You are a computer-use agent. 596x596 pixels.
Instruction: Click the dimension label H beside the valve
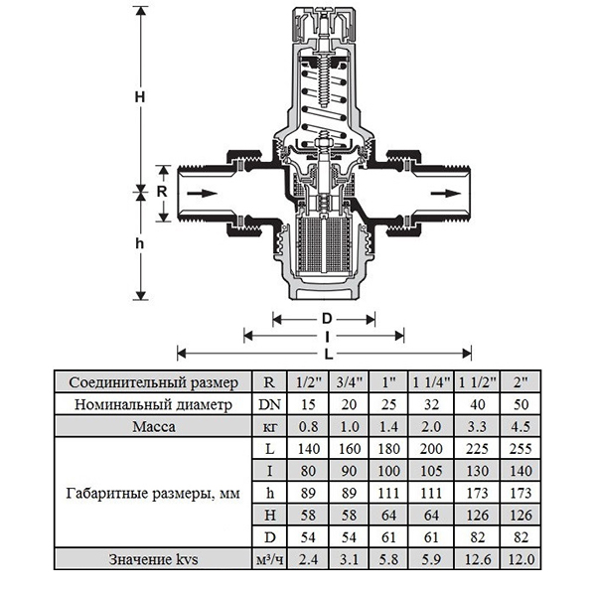[140, 96]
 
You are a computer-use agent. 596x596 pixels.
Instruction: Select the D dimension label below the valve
[325, 319]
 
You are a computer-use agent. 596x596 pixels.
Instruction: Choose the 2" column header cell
[514, 381]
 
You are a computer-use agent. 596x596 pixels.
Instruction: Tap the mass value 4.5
[514, 427]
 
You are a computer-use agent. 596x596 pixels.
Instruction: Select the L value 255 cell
[514, 450]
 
